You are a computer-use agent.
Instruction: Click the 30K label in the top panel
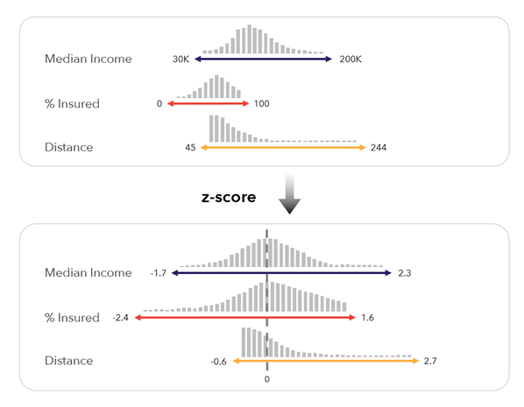tap(181, 60)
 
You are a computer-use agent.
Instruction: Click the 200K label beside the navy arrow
tap(348, 60)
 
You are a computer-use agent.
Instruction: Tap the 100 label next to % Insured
tap(261, 104)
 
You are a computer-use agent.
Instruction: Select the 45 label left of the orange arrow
tap(190, 148)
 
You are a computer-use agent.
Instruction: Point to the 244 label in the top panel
tap(379, 148)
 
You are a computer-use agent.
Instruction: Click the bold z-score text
tap(229, 198)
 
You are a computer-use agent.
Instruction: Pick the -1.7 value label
tap(158, 274)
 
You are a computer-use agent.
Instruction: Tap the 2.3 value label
tap(404, 274)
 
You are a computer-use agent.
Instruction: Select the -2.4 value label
tap(121, 318)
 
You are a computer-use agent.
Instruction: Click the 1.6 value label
tap(367, 318)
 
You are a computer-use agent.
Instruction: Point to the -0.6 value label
tap(219, 361)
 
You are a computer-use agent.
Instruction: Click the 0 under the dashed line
tap(266, 380)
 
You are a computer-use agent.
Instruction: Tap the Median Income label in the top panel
tap(88, 60)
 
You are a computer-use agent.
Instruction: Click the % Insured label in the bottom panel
tap(72, 318)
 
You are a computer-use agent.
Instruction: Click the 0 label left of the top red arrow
tap(159, 104)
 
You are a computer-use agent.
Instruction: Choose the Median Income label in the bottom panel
tap(88, 274)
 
